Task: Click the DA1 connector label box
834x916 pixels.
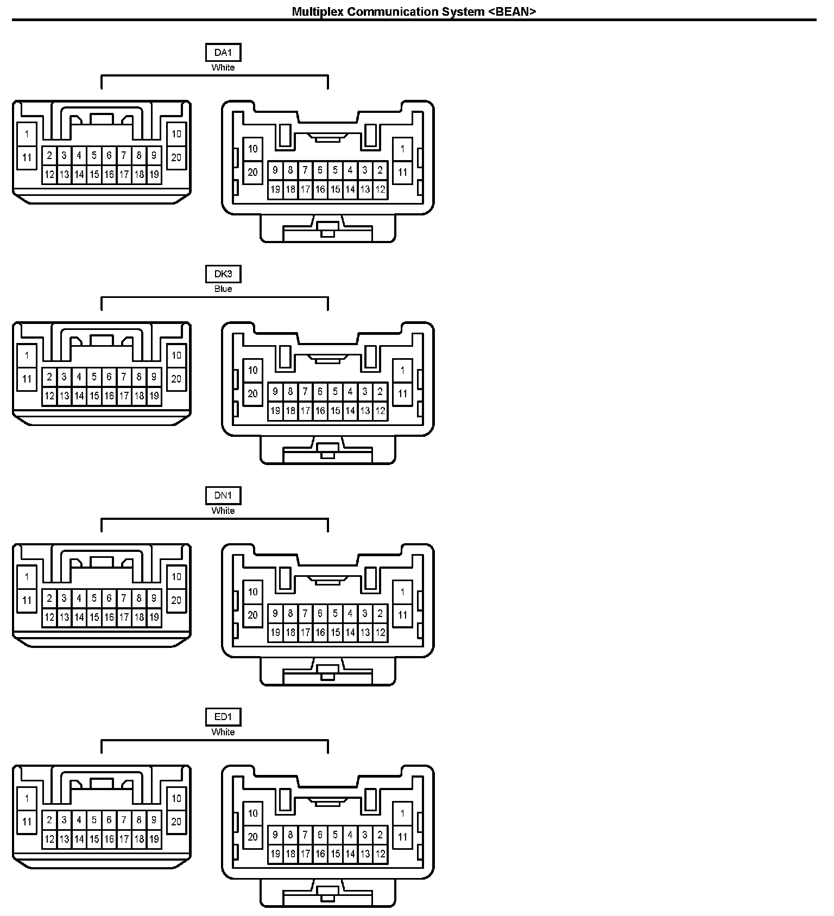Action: pyautogui.click(x=223, y=53)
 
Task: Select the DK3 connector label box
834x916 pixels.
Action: pyautogui.click(x=223, y=274)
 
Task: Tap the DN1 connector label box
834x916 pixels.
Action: pyautogui.click(x=223, y=495)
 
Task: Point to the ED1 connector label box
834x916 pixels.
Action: pyautogui.click(x=223, y=717)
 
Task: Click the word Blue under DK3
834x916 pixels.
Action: pyautogui.click(x=223, y=289)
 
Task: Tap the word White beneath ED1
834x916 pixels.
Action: pyautogui.click(x=223, y=732)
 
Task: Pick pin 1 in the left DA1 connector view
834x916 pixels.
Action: pyautogui.click(x=27, y=134)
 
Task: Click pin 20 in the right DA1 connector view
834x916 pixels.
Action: pyautogui.click(x=253, y=173)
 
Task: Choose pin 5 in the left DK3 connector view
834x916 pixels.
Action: pyautogui.click(x=94, y=377)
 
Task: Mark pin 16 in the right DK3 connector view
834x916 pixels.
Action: pyautogui.click(x=320, y=411)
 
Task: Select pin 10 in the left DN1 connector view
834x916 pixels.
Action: pyautogui.click(x=176, y=577)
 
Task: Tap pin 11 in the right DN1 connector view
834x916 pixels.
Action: pyautogui.click(x=402, y=615)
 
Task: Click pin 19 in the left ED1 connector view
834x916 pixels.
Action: pyautogui.click(x=154, y=839)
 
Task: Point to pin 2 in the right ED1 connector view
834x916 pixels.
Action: pyautogui.click(x=380, y=835)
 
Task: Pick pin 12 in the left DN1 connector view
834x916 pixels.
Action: pyautogui.click(x=49, y=617)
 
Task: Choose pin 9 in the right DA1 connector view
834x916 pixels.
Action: pyautogui.click(x=275, y=170)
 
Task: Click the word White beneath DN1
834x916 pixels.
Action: pyautogui.click(x=223, y=511)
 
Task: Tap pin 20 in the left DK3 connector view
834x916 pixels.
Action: pyautogui.click(x=176, y=379)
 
